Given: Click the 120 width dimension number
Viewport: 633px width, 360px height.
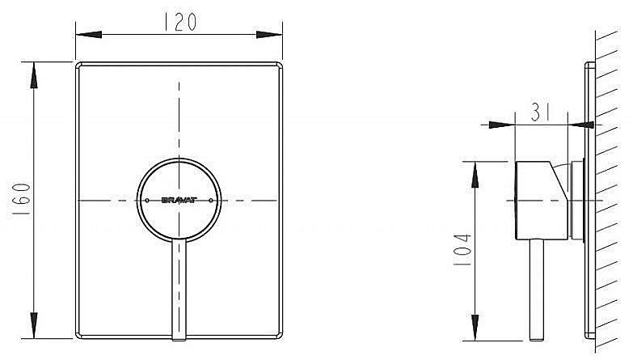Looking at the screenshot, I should pyautogui.click(x=178, y=23).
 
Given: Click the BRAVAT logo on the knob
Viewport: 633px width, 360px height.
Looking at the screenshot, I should pyautogui.click(x=178, y=199).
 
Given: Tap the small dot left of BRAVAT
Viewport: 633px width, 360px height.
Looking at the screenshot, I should pyautogui.click(x=148, y=199).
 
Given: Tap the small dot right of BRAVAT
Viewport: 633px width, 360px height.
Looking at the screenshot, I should pyautogui.click(x=211, y=199).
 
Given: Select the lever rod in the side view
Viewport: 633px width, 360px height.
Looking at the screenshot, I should pyautogui.click(x=534, y=291).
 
